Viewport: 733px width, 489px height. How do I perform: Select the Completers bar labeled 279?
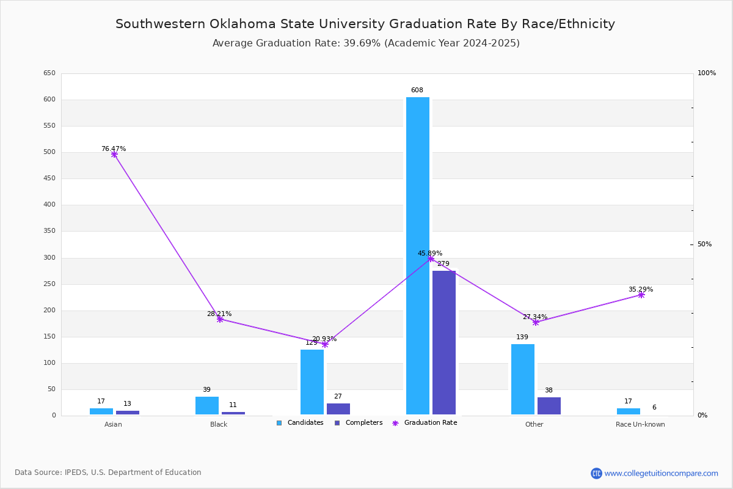click(x=444, y=342)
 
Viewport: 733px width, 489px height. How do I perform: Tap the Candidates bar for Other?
click(x=523, y=379)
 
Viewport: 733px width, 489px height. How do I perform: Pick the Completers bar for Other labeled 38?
click(x=549, y=406)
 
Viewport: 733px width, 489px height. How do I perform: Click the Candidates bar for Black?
click(x=207, y=405)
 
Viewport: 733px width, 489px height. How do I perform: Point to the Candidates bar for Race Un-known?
click(x=629, y=411)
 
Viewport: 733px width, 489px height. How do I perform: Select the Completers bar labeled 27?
click(x=338, y=409)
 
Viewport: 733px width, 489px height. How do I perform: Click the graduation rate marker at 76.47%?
click(x=114, y=155)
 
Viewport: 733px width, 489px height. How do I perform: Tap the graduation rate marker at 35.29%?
click(x=641, y=295)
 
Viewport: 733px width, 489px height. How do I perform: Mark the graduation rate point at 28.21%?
click(x=220, y=319)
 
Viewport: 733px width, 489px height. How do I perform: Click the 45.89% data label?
click(x=430, y=253)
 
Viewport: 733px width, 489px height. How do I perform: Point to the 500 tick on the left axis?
click(x=49, y=152)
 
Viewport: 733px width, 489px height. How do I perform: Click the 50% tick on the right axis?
click(x=704, y=244)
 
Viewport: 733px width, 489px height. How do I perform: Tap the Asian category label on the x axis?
click(x=113, y=424)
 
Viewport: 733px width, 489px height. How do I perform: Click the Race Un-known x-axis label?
click(x=640, y=424)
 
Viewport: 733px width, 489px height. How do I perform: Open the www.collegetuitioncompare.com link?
click(x=661, y=473)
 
